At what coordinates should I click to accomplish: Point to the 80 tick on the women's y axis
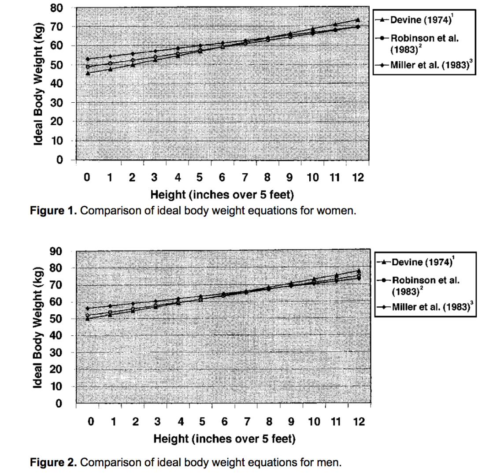click(59, 7)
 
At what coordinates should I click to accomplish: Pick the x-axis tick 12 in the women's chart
click(358, 178)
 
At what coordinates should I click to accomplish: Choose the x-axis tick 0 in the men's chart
click(91, 422)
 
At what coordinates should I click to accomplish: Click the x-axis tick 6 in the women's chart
click(222, 178)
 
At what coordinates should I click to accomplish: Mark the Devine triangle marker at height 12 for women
click(357, 20)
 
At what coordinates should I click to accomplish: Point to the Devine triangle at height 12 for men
click(359, 271)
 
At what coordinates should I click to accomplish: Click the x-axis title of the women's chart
click(222, 194)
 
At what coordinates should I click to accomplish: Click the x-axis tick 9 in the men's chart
click(291, 422)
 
